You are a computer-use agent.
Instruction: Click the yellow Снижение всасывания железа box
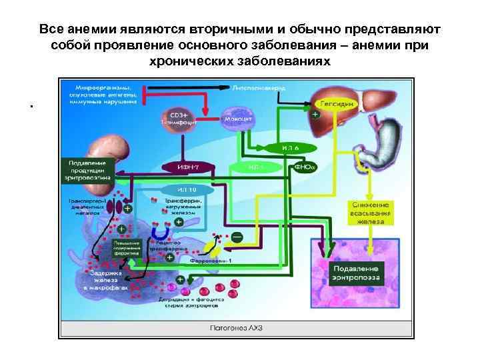tap(373, 213)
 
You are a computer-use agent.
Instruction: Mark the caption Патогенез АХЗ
tap(236, 328)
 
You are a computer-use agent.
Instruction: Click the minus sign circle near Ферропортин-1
tap(237, 236)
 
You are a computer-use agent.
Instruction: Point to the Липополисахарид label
tap(260, 88)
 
